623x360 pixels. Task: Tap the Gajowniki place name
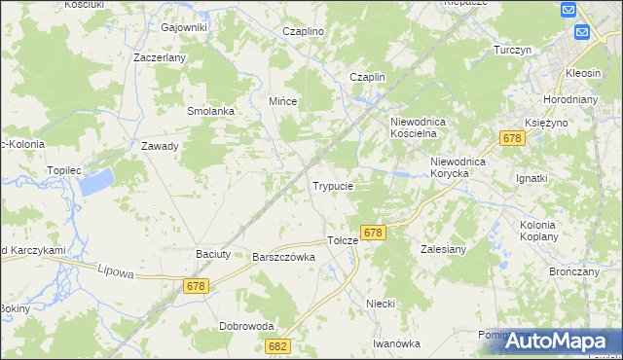click(185, 27)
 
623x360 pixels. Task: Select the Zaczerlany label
click(160, 57)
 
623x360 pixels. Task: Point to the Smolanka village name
click(211, 111)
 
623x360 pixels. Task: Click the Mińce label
click(282, 101)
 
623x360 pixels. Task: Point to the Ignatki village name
click(532, 179)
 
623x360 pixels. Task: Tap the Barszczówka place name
click(283, 258)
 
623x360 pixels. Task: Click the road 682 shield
click(278, 346)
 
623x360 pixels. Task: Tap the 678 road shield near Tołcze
click(373, 234)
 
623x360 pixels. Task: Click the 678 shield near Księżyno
click(513, 140)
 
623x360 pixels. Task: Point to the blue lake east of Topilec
click(95, 179)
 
